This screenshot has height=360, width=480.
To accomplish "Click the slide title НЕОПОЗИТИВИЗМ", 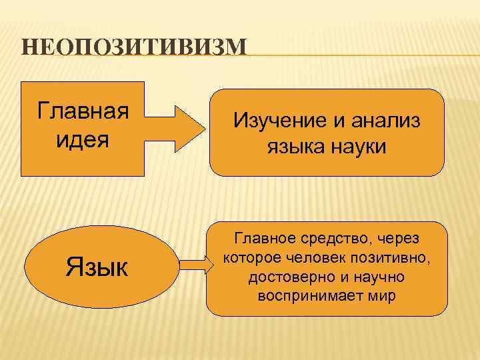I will pyautogui.click(x=133, y=48).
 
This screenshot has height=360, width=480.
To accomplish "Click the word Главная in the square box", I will pyautogui.click(x=83, y=109).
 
